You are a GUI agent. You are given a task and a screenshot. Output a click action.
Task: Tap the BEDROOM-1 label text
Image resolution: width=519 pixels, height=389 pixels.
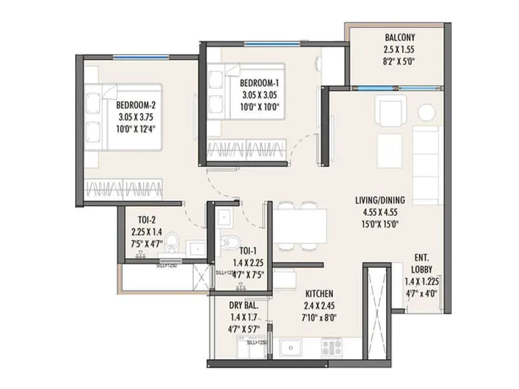tap(259, 84)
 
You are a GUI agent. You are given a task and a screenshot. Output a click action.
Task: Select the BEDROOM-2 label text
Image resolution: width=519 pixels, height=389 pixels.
tap(136, 106)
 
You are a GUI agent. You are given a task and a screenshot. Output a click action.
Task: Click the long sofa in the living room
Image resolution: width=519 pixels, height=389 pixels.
tap(427, 155)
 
